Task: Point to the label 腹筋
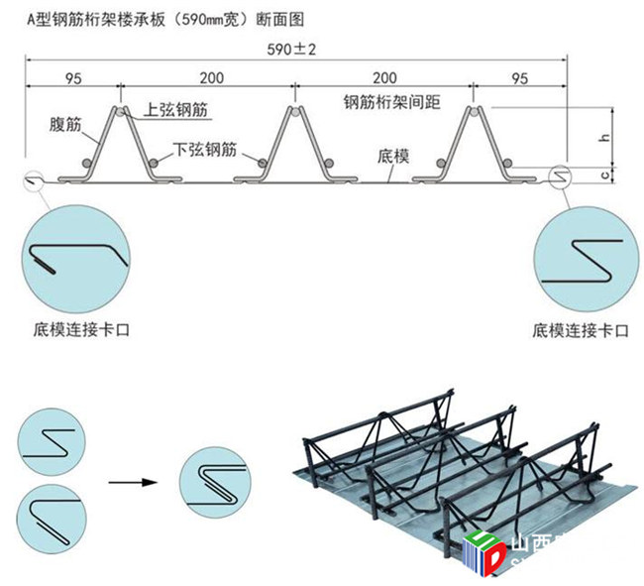(65, 126)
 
